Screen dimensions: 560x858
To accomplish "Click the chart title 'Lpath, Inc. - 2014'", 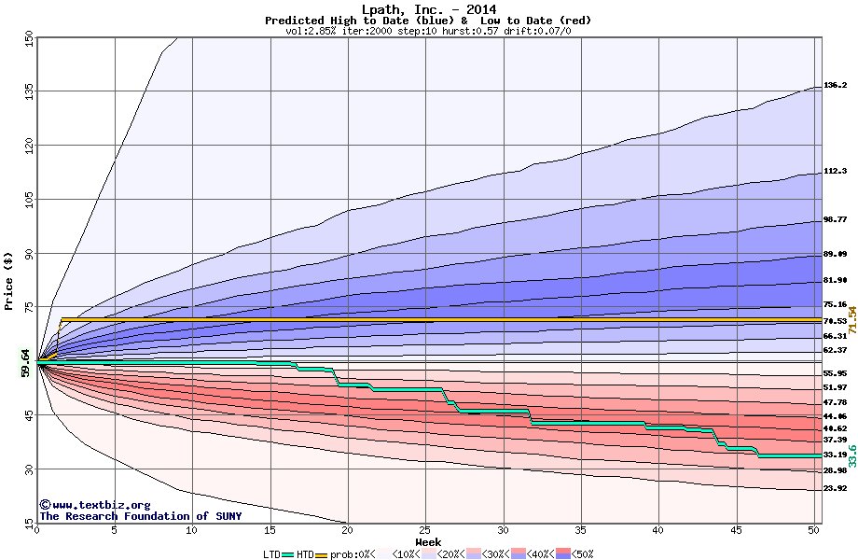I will click(x=428, y=10).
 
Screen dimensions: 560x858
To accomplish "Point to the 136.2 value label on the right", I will click(x=835, y=85).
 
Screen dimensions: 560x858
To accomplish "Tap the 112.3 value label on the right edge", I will click(x=835, y=172).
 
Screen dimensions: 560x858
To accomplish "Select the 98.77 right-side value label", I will click(x=835, y=219).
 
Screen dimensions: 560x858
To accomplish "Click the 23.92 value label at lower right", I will click(x=835, y=488).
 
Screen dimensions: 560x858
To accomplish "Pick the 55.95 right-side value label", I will click(x=835, y=373).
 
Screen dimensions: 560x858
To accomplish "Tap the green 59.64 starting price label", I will click(x=26, y=362).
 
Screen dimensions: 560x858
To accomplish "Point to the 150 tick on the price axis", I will click(x=29, y=37).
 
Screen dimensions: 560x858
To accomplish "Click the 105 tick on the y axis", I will click(x=29, y=199).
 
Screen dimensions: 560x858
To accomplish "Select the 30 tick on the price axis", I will click(x=29, y=469).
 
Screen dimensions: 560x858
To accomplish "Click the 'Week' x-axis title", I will click(x=428, y=541).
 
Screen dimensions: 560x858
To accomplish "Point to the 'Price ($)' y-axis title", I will click(x=8, y=280).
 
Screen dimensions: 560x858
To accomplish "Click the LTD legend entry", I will click(x=273, y=553).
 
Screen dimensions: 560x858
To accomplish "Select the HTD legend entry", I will click(x=305, y=553).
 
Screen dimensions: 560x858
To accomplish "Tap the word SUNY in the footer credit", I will click(x=227, y=516).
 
